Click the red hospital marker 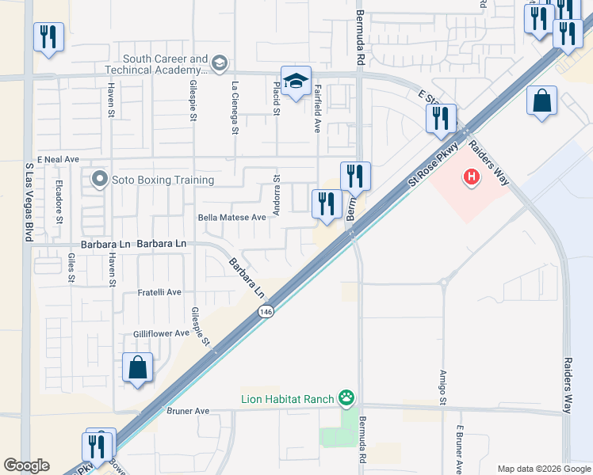[x=472, y=177]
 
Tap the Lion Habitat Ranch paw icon [x=346, y=397]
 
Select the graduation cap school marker [x=296, y=82]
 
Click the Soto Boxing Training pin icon [x=99, y=180]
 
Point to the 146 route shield [x=265, y=313]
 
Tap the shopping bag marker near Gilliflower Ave [x=138, y=368]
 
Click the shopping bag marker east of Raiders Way [x=541, y=101]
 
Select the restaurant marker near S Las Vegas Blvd [x=48, y=37]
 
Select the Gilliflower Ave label [x=161, y=333]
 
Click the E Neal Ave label [x=58, y=159]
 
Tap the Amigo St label [x=443, y=388]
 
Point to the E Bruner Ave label [x=458, y=448]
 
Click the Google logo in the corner [x=26, y=465]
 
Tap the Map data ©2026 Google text [x=543, y=468]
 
